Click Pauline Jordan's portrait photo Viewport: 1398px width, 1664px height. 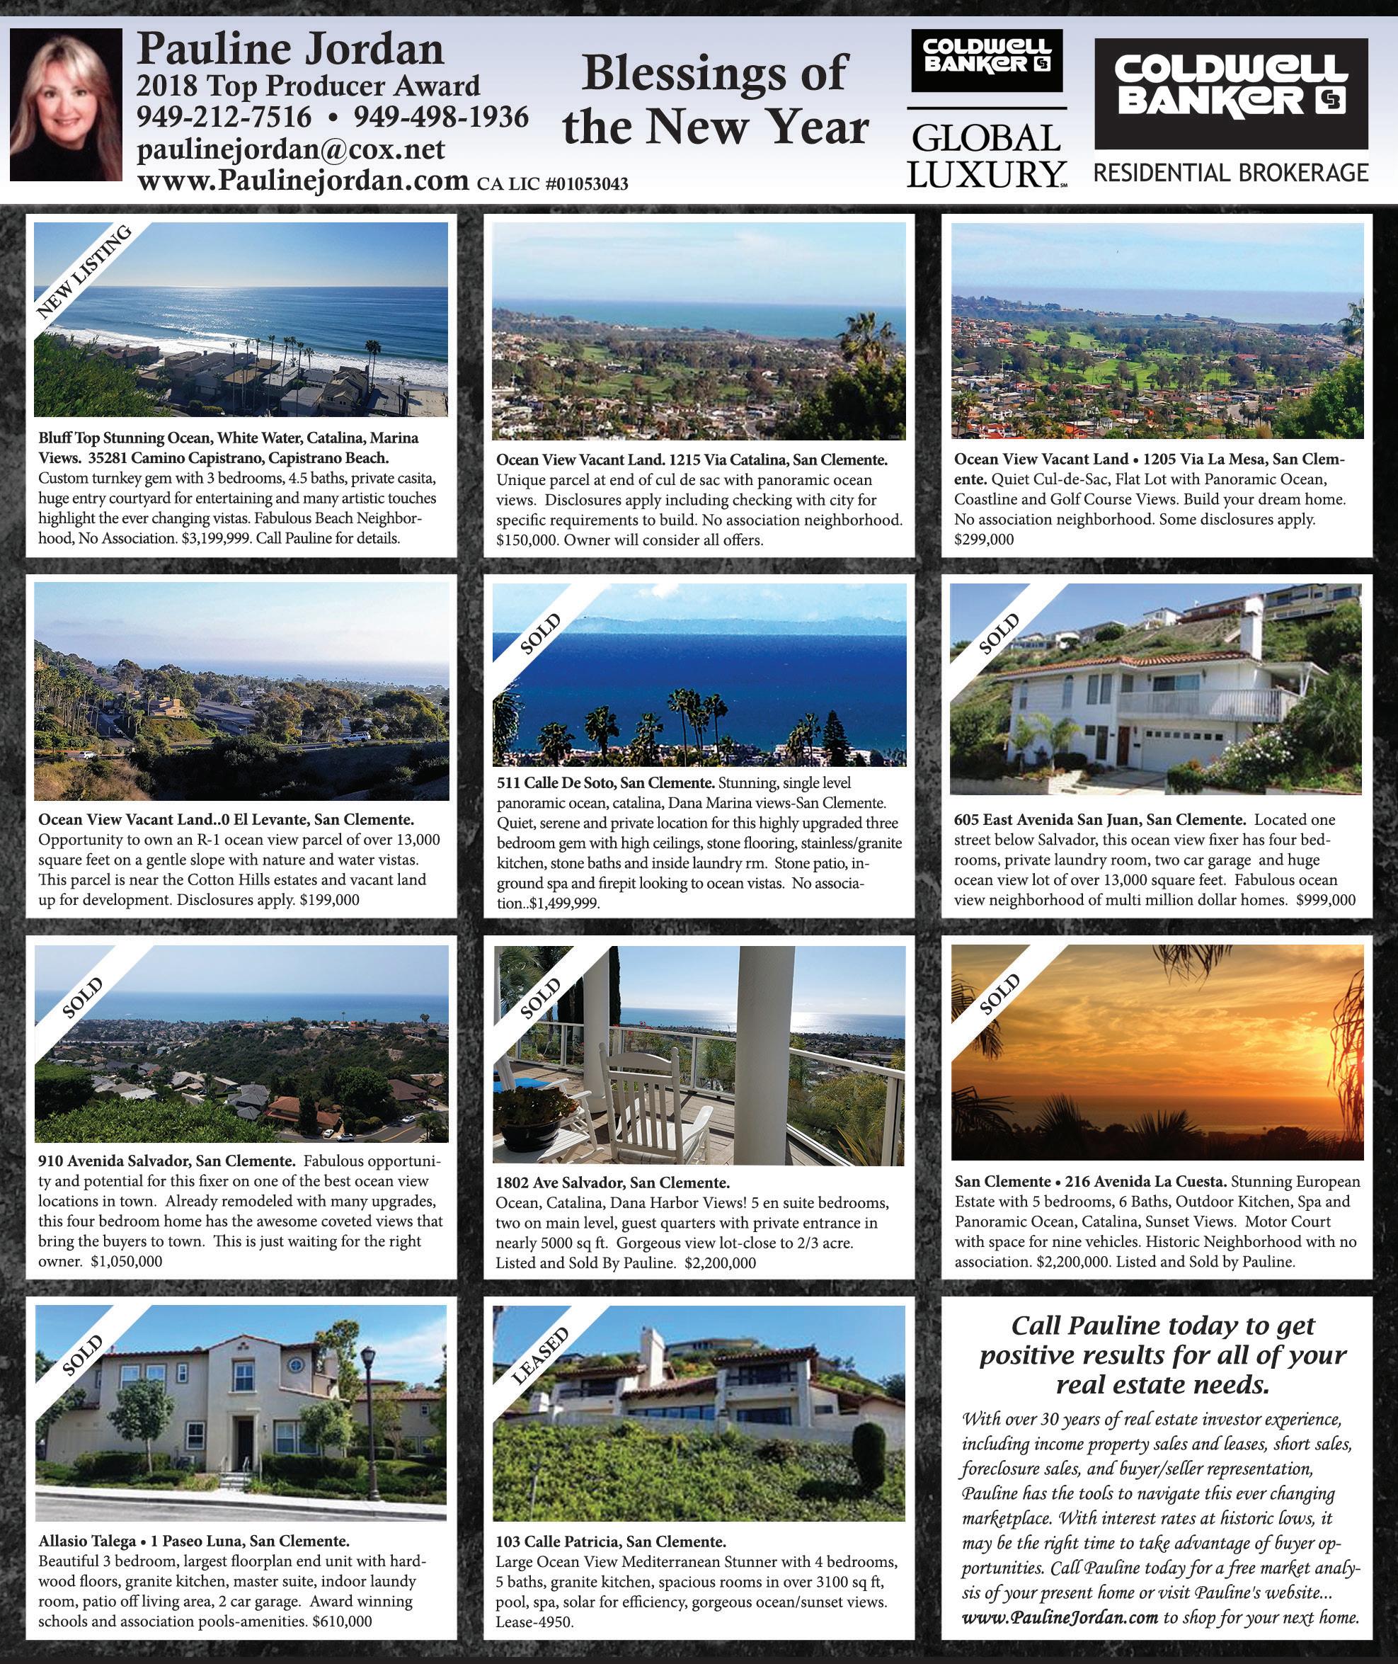tap(66, 104)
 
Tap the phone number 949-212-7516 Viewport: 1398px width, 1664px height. tap(224, 118)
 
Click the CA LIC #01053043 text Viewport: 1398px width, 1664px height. tap(552, 184)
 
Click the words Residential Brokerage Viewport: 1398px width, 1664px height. tap(1231, 173)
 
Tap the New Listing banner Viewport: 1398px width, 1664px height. tap(84, 272)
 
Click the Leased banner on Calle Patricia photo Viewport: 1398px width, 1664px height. tap(539, 1355)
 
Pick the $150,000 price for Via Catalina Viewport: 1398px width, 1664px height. tap(526, 541)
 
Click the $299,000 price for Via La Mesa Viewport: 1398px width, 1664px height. tap(983, 539)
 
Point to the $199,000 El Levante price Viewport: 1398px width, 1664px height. tap(329, 899)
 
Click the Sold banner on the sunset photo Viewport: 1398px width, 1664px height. tap(999, 994)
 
